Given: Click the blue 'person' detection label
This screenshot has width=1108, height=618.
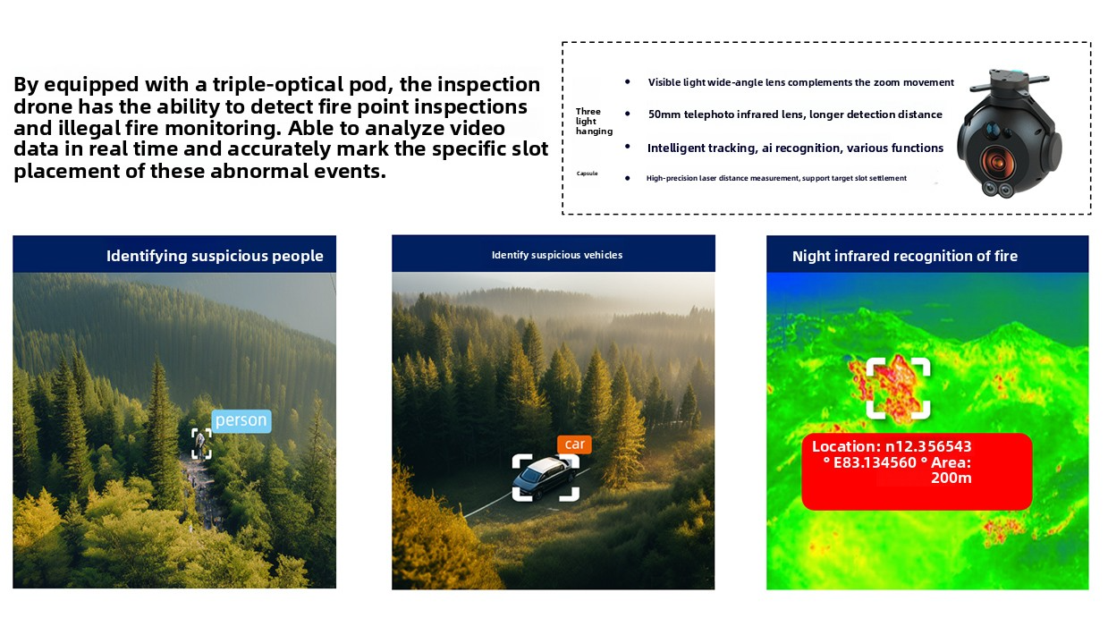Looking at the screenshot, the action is click(x=241, y=420).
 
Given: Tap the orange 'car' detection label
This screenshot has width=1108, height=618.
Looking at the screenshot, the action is click(x=574, y=444).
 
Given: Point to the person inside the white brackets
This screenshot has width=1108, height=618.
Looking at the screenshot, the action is click(x=201, y=443).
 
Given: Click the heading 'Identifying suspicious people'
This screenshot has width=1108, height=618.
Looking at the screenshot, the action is click(x=215, y=256).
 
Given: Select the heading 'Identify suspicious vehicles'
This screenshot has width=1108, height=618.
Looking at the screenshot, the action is click(x=557, y=255).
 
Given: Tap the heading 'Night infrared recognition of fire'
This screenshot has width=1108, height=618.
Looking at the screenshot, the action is click(x=905, y=256).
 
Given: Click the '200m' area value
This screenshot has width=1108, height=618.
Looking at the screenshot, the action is click(x=952, y=478).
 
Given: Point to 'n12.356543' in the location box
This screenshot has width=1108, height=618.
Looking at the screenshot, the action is click(x=928, y=446).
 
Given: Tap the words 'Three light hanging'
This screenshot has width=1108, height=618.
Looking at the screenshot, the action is click(x=594, y=122).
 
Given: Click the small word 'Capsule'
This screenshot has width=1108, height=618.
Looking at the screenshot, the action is click(x=588, y=174).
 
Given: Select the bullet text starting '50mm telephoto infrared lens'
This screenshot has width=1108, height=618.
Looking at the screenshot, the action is click(x=795, y=114).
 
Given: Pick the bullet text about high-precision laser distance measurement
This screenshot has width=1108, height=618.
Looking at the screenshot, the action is click(x=776, y=178).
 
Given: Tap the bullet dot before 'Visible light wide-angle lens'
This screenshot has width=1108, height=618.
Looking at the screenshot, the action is click(x=627, y=81).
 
